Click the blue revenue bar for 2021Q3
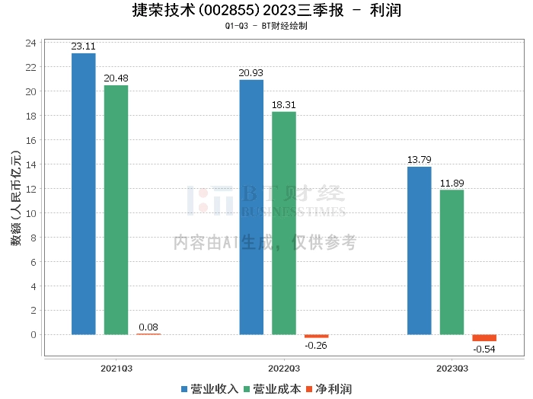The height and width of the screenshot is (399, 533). pyautogui.click(x=84, y=193)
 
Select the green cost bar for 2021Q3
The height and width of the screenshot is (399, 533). pyautogui.click(x=116, y=209)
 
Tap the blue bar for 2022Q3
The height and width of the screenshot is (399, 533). pyautogui.click(x=251, y=207)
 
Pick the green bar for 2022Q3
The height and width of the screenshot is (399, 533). pyautogui.click(x=284, y=223)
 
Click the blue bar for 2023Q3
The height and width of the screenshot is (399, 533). pyautogui.click(x=420, y=251)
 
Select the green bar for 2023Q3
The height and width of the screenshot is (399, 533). pyautogui.click(x=452, y=262)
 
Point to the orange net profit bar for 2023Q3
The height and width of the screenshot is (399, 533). pyautogui.click(x=484, y=338)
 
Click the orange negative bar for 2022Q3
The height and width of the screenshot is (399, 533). pyautogui.click(x=317, y=336)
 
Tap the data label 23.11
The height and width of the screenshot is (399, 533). pyautogui.click(x=83, y=46)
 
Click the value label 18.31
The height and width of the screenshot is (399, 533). pyautogui.click(x=284, y=104)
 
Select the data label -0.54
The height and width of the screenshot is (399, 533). pyautogui.click(x=484, y=349)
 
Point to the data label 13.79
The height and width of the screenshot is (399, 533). pyautogui.click(x=420, y=159)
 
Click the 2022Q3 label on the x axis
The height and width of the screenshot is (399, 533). pyautogui.click(x=284, y=369)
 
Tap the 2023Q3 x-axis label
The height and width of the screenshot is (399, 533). pyautogui.click(x=452, y=369)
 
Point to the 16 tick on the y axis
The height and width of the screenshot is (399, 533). pyautogui.click(x=31, y=140)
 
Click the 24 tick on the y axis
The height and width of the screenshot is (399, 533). pyautogui.click(x=31, y=43)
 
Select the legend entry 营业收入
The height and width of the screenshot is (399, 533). pyautogui.click(x=210, y=389)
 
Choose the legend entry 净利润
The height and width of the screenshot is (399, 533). pyautogui.click(x=329, y=389)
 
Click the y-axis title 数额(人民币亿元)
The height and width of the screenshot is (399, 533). pyautogui.click(x=16, y=198)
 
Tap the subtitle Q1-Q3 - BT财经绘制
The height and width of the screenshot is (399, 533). pyautogui.click(x=266, y=26)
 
